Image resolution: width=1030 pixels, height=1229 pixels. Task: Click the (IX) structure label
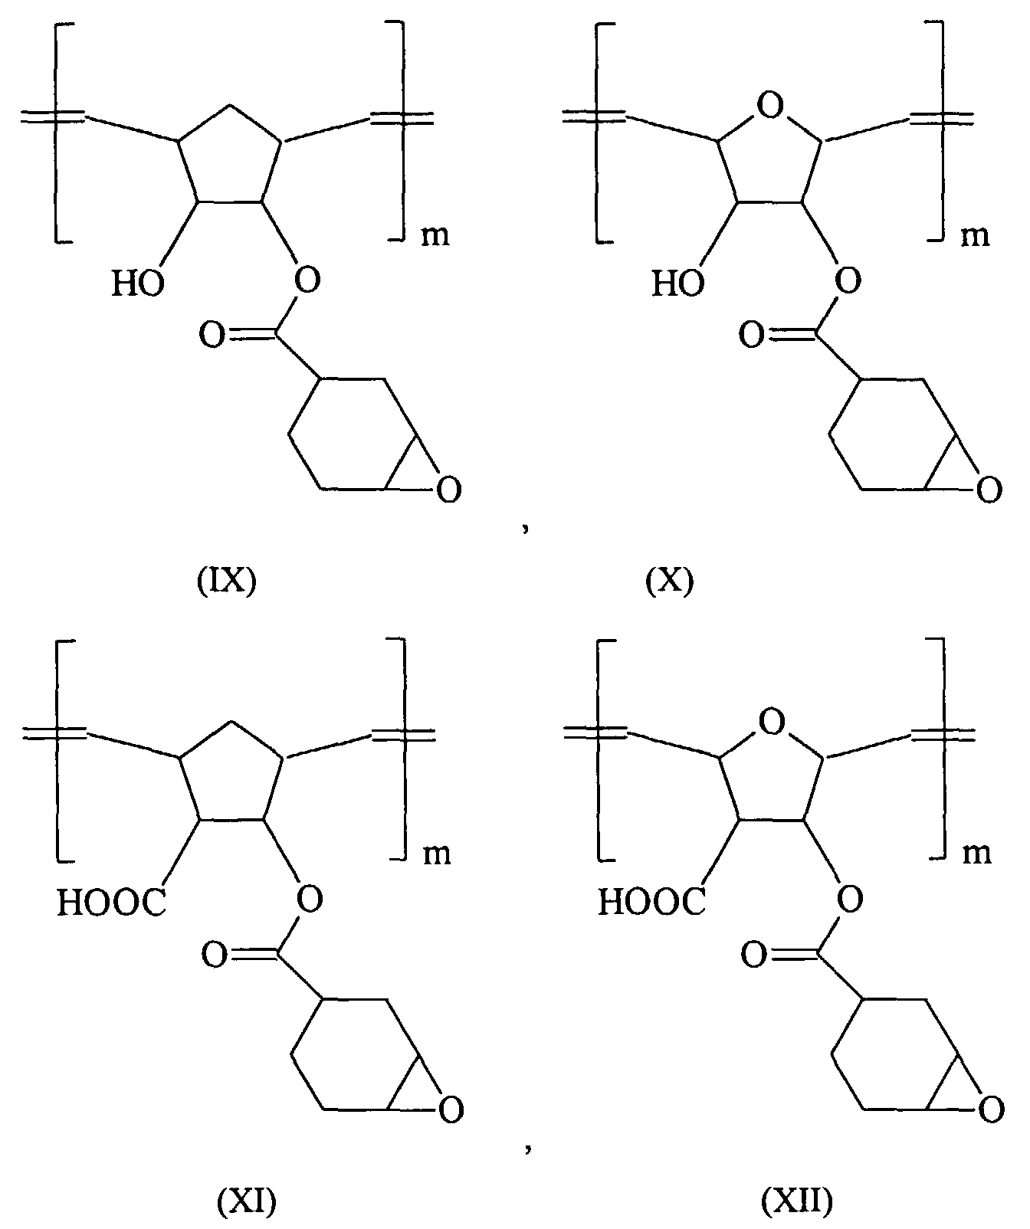(x=223, y=582)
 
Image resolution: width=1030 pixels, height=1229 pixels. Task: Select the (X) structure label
(x=670, y=582)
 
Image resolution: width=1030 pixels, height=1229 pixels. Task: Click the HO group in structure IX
(x=137, y=285)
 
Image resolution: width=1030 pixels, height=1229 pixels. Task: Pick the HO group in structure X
(x=677, y=285)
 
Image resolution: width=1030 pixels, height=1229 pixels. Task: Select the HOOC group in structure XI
(x=111, y=904)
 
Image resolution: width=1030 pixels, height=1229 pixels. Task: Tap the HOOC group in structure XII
(x=651, y=904)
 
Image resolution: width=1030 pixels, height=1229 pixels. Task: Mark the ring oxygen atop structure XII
(x=772, y=723)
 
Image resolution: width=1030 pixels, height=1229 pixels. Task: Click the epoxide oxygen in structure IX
(x=449, y=489)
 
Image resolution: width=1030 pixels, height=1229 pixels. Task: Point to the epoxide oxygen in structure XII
(x=991, y=1109)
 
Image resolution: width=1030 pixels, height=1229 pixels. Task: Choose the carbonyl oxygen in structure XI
(x=213, y=955)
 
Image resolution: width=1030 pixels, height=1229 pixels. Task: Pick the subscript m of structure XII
(x=976, y=853)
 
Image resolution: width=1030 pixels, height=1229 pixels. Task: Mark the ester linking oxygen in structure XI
(x=308, y=900)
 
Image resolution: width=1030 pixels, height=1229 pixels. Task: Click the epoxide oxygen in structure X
(x=989, y=489)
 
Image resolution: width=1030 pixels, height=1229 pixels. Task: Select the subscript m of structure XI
(x=435, y=853)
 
